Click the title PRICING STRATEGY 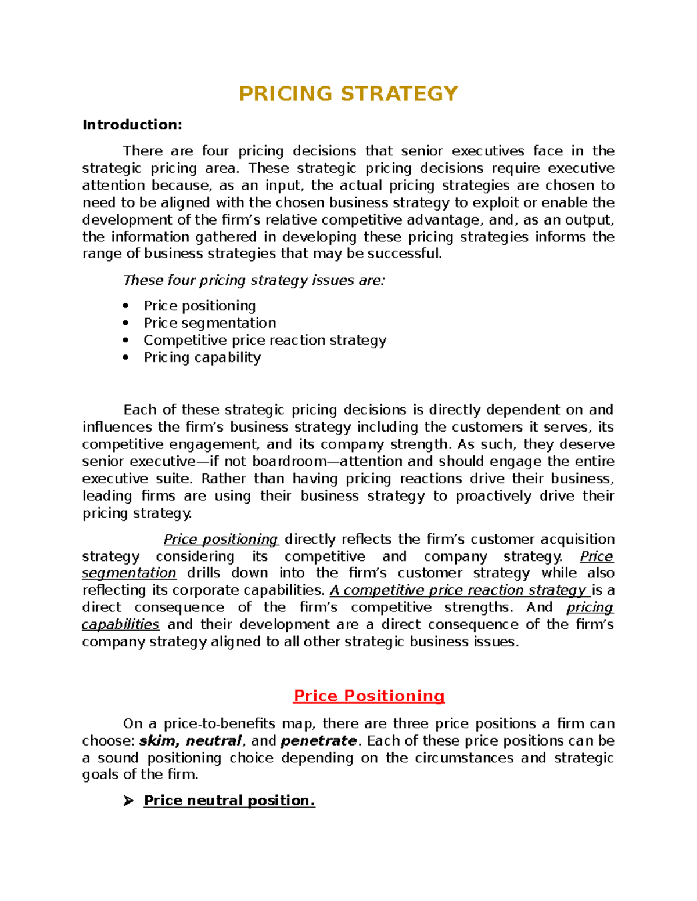pos(348,94)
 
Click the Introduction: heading pos(132,125)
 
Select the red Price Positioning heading pos(369,696)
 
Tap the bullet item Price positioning pos(200,306)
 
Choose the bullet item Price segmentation pos(210,323)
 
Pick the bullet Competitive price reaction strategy pos(265,340)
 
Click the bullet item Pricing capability pos(202,357)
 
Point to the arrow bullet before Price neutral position pos(128,801)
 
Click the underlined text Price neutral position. pos(229,801)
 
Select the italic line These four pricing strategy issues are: pos(254,281)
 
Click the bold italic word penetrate pos(318,741)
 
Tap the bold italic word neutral pos(213,741)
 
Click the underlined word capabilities pos(120,625)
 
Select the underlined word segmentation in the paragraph pos(129,573)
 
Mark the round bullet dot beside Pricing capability pos(125,357)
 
